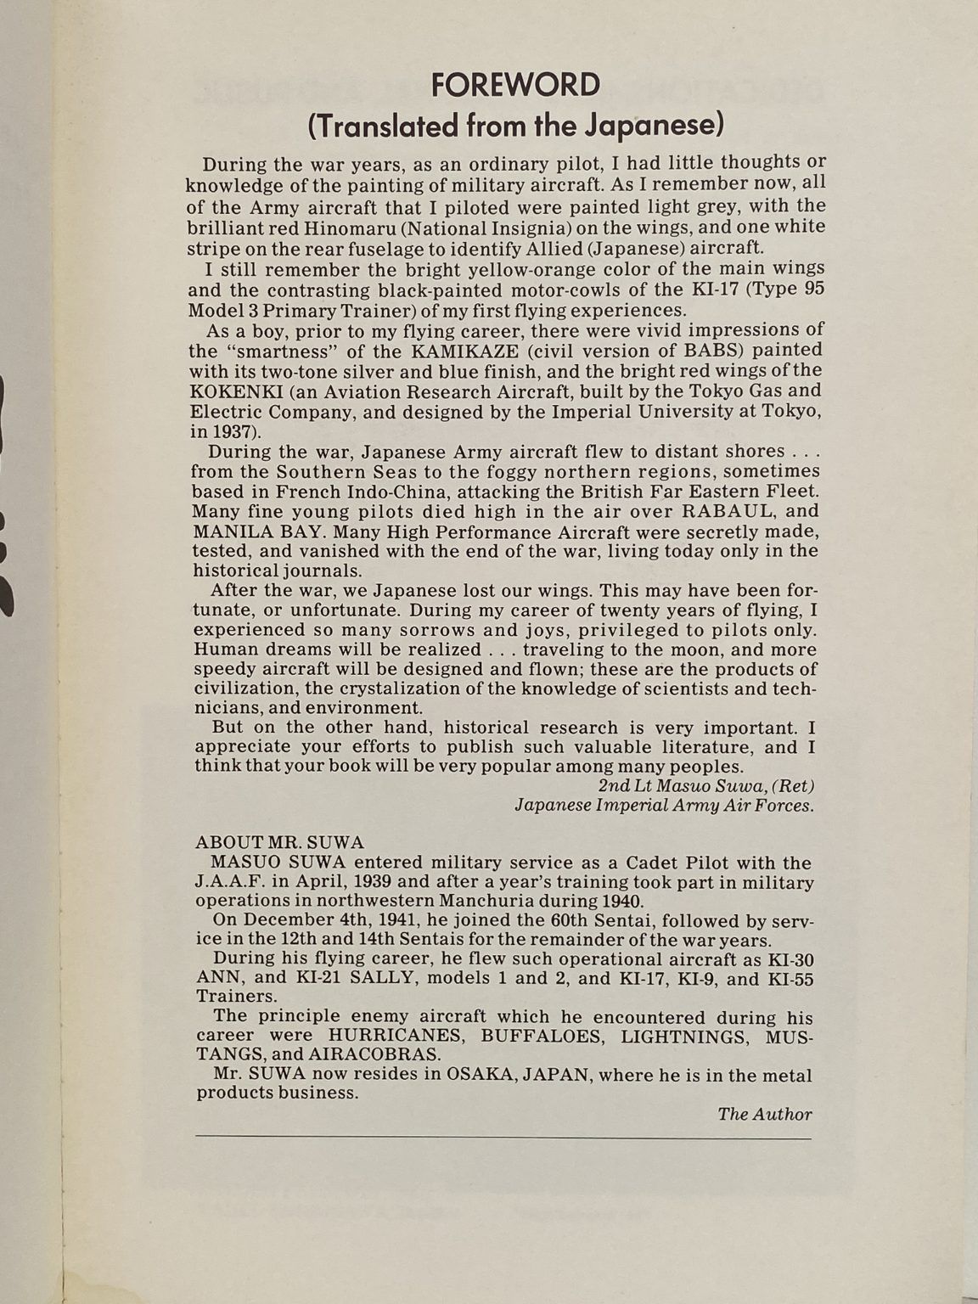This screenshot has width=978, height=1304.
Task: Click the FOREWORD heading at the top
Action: click(x=515, y=85)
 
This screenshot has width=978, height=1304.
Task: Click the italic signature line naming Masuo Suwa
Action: click(x=706, y=785)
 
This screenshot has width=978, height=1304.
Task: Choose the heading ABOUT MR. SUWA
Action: click(x=279, y=842)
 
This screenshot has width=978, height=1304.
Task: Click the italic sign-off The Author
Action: click(x=764, y=1114)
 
